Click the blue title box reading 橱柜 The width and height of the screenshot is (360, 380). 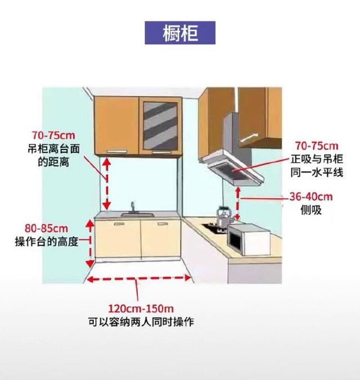[x=180, y=33]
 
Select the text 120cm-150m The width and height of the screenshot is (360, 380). [x=138, y=309]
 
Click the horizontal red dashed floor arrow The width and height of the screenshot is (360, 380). [x=139, y=279]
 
